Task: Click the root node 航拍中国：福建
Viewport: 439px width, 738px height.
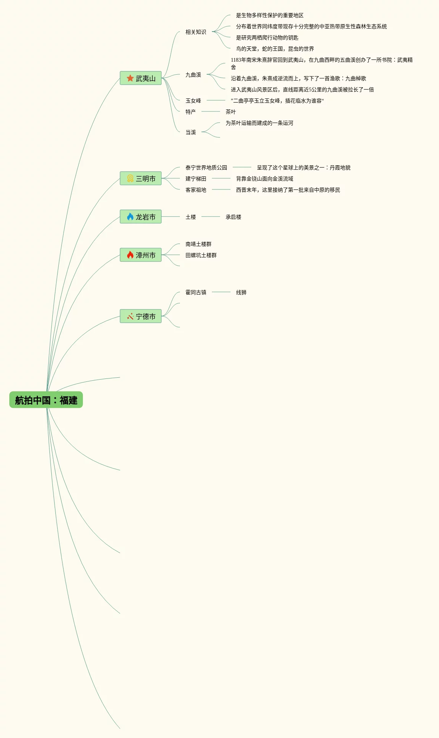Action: pos(46,400)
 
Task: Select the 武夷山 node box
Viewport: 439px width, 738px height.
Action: pos(141,78)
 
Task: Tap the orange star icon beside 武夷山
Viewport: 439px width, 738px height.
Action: pos(130,78)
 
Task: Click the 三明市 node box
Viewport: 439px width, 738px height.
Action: pos(141,179)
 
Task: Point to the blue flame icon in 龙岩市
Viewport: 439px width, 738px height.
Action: pos(130,217)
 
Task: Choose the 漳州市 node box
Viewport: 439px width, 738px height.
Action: pos(141,255)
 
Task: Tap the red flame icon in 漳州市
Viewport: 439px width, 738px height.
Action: pos(130,255)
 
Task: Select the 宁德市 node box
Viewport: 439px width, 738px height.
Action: pos(141,316)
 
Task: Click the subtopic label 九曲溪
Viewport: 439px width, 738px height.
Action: pos(193,75)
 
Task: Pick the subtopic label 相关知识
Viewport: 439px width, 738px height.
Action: pos(196,32)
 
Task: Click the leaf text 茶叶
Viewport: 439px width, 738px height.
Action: pos(231,112)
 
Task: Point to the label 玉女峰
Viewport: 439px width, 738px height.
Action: pos(193,101)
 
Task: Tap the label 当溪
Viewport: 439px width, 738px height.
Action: pos(191,133)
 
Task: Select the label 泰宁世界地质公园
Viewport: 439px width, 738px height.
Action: pos(206,168)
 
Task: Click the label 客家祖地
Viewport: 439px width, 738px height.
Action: pos(196,190)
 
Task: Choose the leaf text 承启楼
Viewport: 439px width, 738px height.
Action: pos(233,217)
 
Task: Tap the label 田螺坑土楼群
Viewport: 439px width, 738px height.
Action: pos(201,256)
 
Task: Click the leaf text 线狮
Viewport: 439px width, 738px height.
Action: pos(241,293)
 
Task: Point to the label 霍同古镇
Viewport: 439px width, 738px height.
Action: pos(196,293)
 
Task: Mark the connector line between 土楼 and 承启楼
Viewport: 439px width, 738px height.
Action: pos(211,217)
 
